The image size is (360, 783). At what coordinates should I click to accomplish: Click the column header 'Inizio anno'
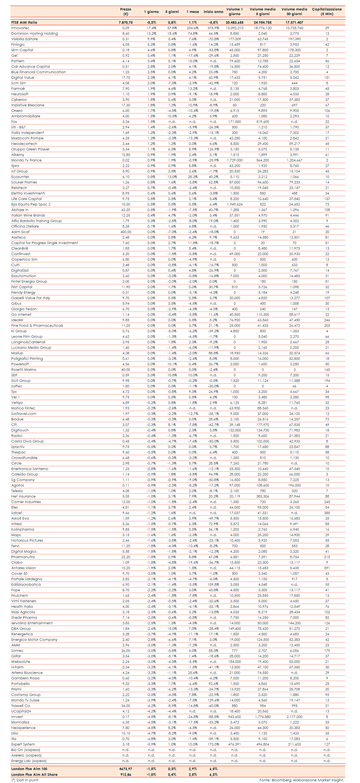[x=213, y=12]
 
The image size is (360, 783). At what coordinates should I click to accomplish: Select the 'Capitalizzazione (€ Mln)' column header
[x=327, y=12]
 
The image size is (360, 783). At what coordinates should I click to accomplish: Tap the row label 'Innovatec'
[x=20, y=28]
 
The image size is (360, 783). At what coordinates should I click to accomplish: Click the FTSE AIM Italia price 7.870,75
[x=126, y=23]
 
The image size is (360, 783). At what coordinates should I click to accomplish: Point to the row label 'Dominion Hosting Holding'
[x=34, y=33]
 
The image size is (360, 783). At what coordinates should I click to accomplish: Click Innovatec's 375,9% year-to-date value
[x=213, y=28]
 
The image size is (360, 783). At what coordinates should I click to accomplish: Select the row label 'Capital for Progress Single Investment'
[x=44, y=243]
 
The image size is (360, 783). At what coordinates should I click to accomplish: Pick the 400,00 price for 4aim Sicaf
[x=126, y=232]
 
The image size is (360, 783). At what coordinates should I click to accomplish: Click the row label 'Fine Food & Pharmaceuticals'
[x=37, y=326]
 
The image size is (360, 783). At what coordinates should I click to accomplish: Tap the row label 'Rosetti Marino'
[x=24, y=370]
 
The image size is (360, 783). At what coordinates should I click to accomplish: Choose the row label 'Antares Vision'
[x=23, y=568]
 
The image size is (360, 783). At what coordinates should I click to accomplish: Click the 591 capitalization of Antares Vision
[x=327, y=568]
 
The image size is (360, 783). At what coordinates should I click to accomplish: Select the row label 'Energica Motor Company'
[x=34, y=639]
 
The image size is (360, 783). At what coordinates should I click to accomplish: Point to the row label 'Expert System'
[x=23, y=744]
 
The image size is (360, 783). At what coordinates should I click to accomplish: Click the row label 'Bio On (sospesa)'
[x=26, y=750]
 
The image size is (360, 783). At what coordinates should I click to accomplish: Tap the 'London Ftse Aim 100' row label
[x=29, y=769]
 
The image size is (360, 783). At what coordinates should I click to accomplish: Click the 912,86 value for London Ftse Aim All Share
[x=126, y=774]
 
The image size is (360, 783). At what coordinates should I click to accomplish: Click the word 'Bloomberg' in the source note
[x=281, y=780]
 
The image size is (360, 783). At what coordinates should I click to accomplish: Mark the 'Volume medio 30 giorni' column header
[x=294, y=12]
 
